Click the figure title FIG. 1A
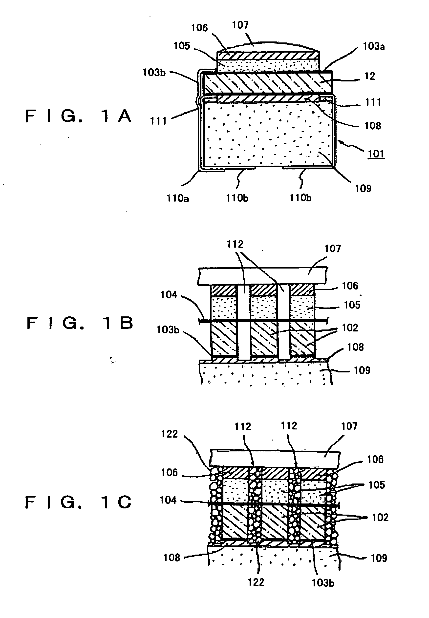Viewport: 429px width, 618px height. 78,116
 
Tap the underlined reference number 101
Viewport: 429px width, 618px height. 376,154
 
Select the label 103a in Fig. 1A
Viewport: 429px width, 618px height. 374,46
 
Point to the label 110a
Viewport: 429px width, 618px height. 178,198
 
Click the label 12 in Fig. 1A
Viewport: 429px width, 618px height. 370,76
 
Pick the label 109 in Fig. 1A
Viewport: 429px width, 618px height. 363,189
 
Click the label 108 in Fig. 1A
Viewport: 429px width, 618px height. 373,125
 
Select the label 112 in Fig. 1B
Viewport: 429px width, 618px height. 235,244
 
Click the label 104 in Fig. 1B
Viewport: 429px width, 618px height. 169,295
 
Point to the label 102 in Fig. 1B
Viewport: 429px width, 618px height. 350,328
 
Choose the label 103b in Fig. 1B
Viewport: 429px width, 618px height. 168,330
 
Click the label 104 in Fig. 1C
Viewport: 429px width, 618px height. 168,500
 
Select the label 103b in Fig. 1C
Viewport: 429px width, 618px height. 323,583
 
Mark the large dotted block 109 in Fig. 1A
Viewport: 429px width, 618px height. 269,134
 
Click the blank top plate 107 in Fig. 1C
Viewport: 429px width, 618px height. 274,458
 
